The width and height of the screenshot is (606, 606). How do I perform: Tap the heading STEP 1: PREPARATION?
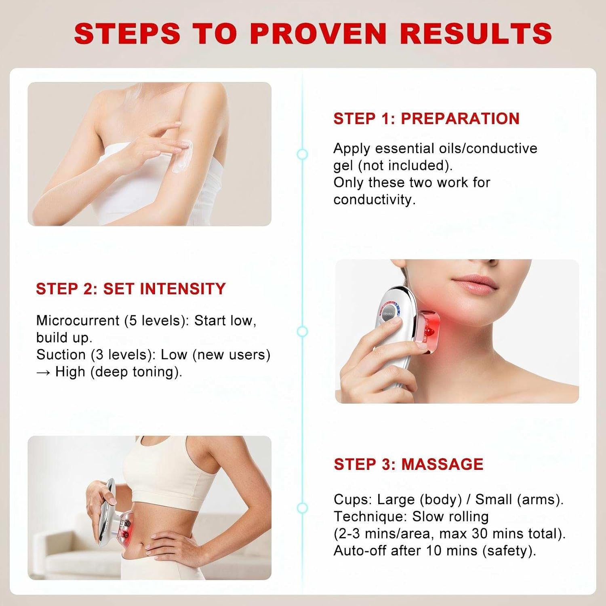(x=426, y=118)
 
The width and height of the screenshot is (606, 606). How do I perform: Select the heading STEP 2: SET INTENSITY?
(x=130, y=288)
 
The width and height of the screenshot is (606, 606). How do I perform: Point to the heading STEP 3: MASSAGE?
(x=408, y=464)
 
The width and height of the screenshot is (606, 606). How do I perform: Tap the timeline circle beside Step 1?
(x=302, y=154)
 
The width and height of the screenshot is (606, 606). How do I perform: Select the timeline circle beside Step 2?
(x=302, y=332)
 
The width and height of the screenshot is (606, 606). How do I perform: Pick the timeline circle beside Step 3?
(x=302, y=508)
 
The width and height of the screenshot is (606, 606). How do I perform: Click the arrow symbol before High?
(x=44, y=372)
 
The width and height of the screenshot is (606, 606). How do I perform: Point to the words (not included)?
(x=405, y=166)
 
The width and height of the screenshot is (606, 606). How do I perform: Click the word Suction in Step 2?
(x=61, y=354)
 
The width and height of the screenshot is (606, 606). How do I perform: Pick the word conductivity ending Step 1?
(x=374, y=200)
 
